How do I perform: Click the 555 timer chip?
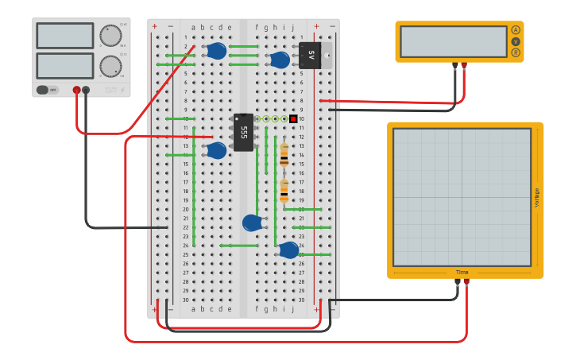tap(243, 132)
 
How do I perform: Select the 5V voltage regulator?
tap(311, 56)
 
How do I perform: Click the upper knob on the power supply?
tap(110, 36)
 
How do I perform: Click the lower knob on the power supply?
tap(110, 65)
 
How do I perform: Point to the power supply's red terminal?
tap(76, 91)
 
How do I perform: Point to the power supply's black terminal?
tap(86, 91)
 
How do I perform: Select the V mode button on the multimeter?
tap(516, 41)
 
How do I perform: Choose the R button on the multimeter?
tap(516, 52)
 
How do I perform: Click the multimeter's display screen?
tap(454, 41)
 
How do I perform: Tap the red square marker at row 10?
tap(293, 119)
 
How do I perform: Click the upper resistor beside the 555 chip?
tap(284, 155)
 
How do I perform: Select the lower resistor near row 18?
tap(284, 192)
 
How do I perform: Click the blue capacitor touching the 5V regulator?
tap(280, 60)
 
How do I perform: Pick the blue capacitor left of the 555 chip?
tap(216, 150)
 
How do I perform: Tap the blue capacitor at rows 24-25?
tap(288, 250)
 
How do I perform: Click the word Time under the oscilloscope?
tap(462, 273)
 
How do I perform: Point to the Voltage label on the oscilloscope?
tap(536, 197)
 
